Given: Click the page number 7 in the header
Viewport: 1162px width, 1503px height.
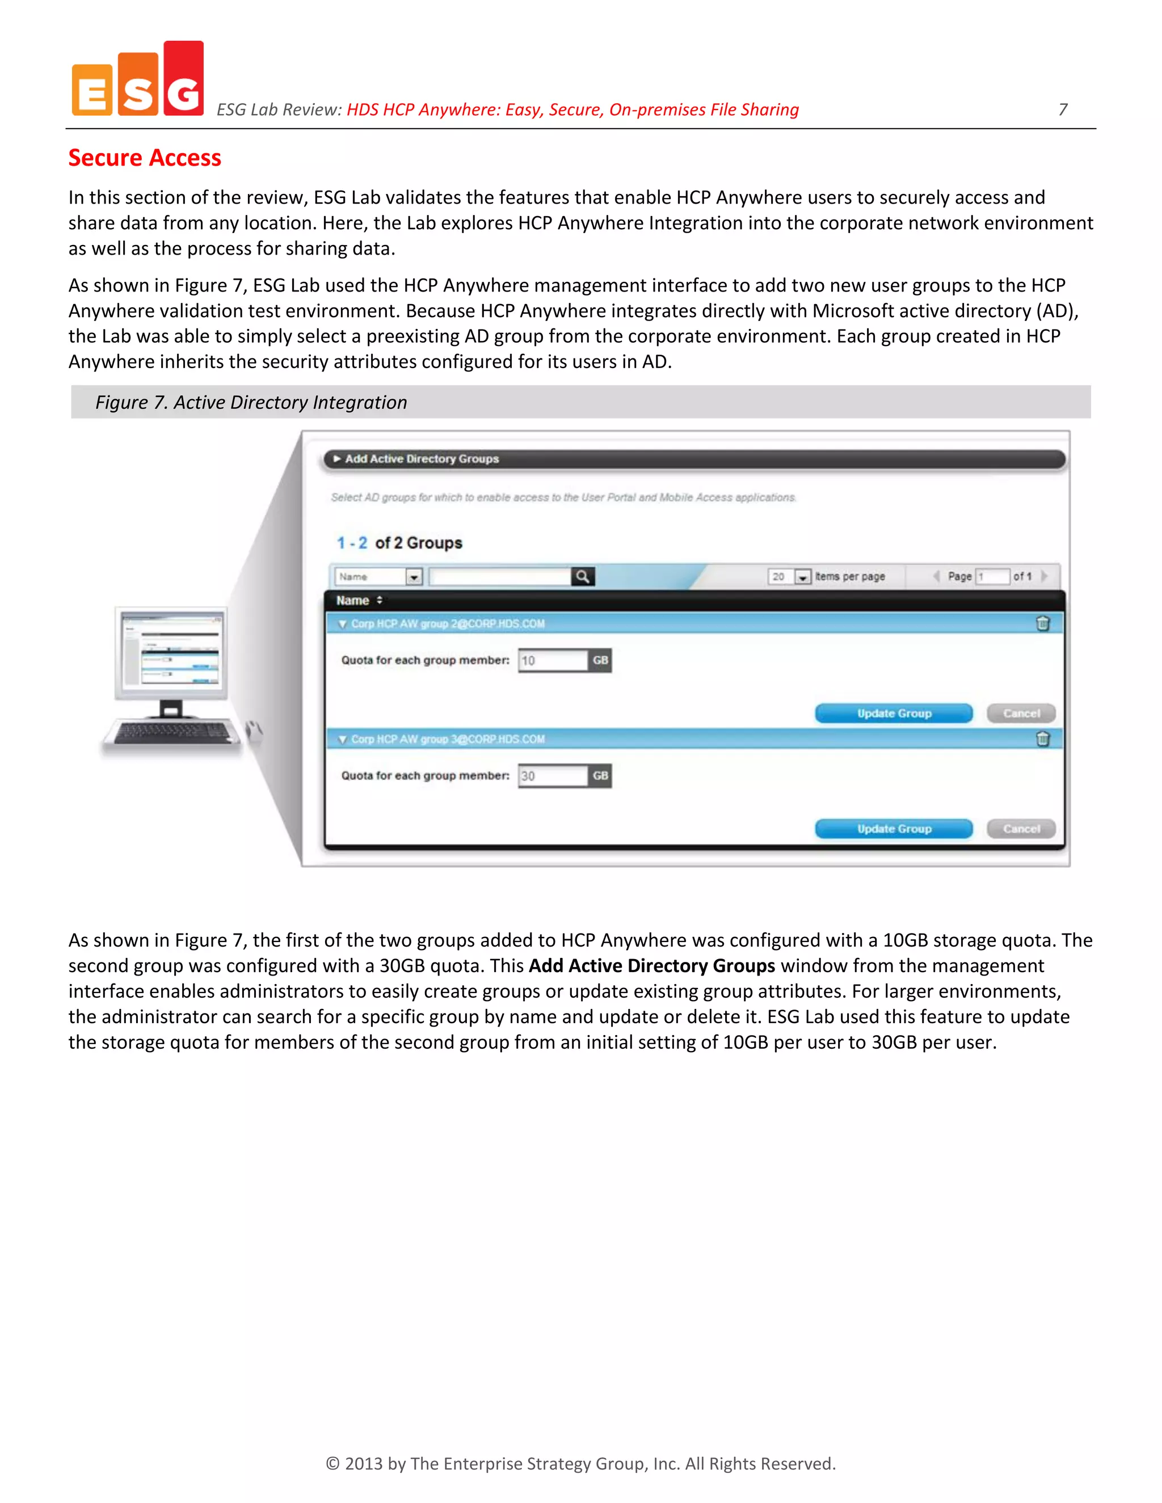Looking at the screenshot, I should [1062, 109].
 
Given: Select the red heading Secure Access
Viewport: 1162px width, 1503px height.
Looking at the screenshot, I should [145, 158].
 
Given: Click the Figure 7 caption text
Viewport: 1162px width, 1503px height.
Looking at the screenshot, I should [251, 402].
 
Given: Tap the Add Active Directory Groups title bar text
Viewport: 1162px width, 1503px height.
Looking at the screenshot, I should [422, 458].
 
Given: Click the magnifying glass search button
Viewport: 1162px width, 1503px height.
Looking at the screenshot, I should [582, 577].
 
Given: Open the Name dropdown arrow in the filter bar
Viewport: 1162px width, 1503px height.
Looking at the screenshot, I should [414, 577].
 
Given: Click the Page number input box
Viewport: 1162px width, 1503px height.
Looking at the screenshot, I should [992, 577].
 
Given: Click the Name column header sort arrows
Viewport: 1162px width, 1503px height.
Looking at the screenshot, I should [380, 600].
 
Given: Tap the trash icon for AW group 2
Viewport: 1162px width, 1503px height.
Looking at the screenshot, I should [1042, 623].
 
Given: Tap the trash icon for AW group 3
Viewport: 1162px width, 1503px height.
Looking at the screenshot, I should [1042, 739].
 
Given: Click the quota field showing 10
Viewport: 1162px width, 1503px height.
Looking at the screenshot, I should [553, 661].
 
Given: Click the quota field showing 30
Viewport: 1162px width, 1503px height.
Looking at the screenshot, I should [553, 776].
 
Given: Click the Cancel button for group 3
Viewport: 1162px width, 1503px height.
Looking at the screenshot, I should [1020, 829].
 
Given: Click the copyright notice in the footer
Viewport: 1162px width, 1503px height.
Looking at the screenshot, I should [580, 1463].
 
